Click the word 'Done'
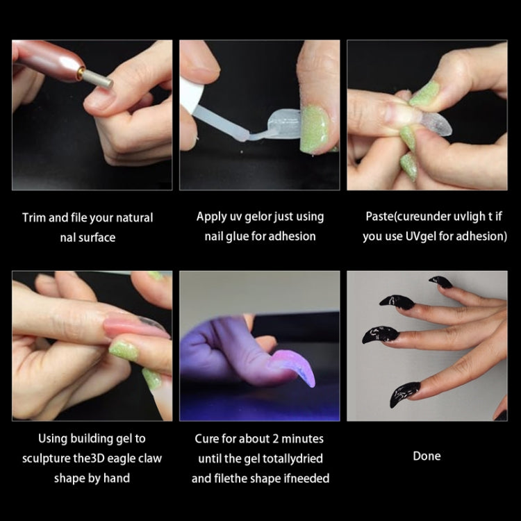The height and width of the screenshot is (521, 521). pyautogui.click(x=427, y=456)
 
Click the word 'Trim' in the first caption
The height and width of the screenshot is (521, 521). pyautogui.click(x=34, y=217)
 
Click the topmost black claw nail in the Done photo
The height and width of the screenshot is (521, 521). pyautogui.click(x=440, y=281)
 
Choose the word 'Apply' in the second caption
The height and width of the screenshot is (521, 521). pyautogui.click(x=211, y=217)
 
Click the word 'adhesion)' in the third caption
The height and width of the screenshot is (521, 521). pyautogui.click(x=483, y=236)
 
